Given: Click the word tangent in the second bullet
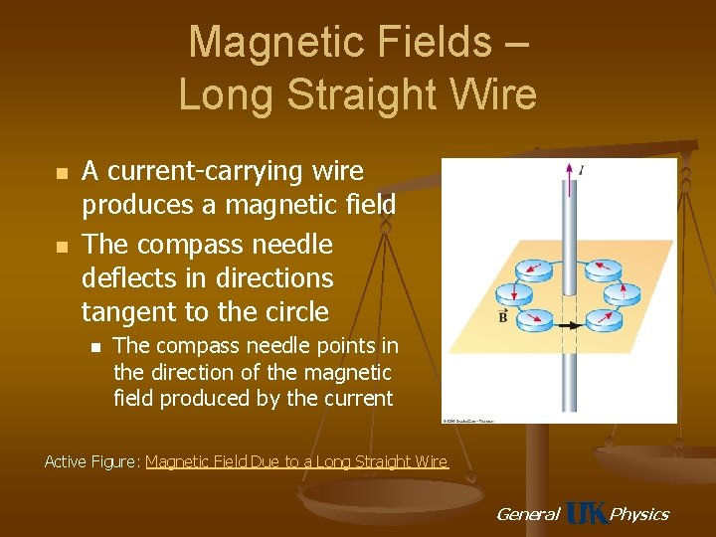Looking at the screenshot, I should tap(122, 312).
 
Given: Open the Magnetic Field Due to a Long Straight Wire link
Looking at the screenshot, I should tap(297, 461).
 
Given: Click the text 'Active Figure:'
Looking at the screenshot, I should tap(92, 461).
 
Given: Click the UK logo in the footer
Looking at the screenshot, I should tap(586, 513).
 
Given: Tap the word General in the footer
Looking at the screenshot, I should tap(527, 514).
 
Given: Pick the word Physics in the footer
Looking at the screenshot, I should tap(638, 514).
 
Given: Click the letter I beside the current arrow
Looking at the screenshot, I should tap(581, 170).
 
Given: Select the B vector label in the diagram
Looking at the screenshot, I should tap(504, 318).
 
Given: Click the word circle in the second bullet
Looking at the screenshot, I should tap(293, 312).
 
